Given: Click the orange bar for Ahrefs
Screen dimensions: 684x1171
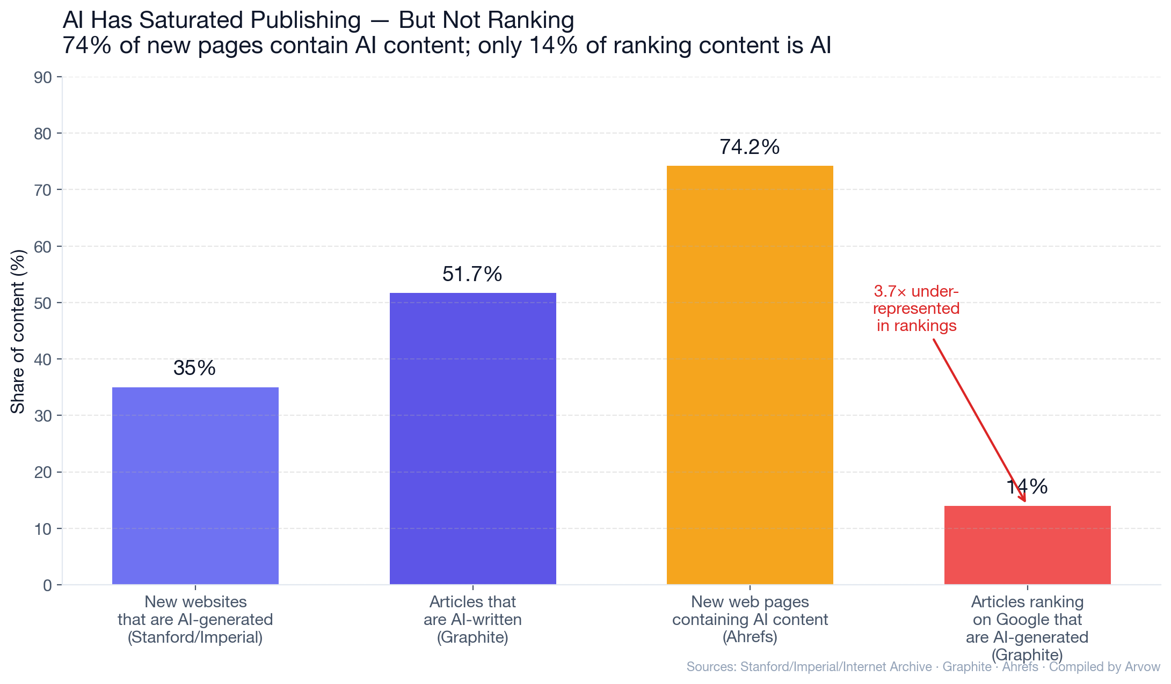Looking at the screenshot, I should point(750,376).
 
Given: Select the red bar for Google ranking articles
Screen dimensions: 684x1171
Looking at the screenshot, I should point(1027,545).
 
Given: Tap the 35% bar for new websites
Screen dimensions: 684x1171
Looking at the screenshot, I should point(195,486).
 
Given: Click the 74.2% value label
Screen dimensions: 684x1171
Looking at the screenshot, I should point(750,147).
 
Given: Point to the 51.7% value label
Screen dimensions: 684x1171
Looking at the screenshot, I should point(472,274).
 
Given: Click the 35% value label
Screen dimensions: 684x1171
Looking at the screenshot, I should point(194,368).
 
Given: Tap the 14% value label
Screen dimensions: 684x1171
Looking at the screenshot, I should point(1027,487).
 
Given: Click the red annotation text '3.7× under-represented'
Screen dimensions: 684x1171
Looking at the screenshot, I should point(917,308).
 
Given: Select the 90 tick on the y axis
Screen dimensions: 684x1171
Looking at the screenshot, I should point(43,77).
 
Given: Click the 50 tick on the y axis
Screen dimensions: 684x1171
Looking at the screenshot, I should point(43,303).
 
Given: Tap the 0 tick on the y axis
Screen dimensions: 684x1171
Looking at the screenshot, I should point(47,585).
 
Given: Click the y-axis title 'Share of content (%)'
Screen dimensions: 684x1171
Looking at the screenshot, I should point(18,331).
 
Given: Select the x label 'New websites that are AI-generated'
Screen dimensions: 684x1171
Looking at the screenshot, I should point(195,619).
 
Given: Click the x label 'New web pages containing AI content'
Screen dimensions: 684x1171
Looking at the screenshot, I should point(750,619).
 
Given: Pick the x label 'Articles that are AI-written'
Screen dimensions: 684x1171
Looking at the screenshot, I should point(472,619).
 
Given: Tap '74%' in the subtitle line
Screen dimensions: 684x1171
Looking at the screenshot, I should point(87,46).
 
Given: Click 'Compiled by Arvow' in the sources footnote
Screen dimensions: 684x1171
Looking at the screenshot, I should point(1104,667).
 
